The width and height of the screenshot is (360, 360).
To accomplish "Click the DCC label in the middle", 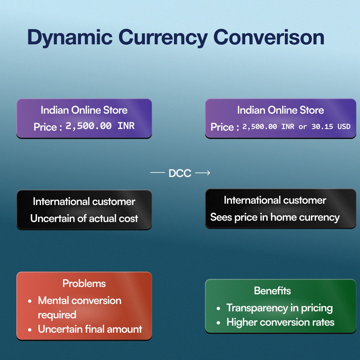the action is (x=180, y=173).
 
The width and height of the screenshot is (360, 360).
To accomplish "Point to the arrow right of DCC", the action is (x=202, y=173).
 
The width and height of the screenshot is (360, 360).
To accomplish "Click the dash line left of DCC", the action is (x=158, y=173).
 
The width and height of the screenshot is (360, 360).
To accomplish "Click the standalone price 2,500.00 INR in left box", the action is (x=100, y=126).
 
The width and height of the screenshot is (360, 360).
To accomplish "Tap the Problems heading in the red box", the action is (x=84, y=284).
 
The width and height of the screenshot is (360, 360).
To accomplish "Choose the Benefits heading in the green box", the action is (x=272, y=291).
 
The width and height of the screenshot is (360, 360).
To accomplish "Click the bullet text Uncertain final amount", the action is (x=90, y=329).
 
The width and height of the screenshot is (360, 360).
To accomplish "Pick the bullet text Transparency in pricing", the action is (x=279, y=308).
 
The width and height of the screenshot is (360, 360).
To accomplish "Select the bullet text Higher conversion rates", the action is (x=280, y=322).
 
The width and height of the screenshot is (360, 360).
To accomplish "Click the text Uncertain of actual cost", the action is (x=84, y=219).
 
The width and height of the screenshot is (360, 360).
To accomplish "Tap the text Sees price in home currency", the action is (x=275, y=217).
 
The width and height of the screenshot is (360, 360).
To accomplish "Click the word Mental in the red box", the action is (x=53, y=301).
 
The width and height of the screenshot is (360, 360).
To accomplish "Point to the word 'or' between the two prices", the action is (x=303, y=127).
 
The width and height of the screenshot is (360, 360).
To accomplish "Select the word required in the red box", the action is (x=57, y=315).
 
